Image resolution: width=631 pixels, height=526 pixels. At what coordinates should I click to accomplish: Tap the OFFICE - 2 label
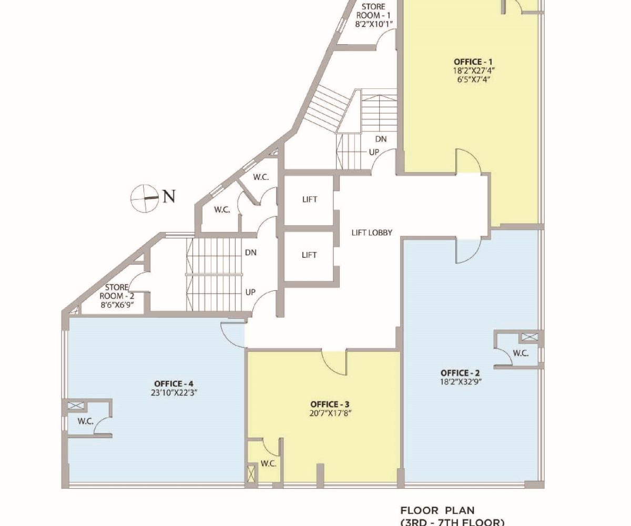[460, 373]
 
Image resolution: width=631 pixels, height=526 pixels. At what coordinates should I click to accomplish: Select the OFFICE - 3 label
[330, 404]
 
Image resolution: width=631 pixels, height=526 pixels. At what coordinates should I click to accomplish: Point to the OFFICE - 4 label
[174, 383]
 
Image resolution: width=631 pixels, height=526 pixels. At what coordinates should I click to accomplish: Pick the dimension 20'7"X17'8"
[330, 413]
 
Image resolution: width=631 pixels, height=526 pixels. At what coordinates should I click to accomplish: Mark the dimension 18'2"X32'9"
[461, 382]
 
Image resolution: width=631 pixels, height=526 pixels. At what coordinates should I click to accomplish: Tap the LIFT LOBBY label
[372, 232]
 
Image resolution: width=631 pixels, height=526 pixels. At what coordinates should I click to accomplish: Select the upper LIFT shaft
[309, 199]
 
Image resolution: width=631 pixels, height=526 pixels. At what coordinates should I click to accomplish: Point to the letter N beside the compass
[169, 197]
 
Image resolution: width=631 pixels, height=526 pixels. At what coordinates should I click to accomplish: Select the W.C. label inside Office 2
[521, 353]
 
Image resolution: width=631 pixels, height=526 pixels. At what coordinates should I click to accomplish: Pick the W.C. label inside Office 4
[86, 421]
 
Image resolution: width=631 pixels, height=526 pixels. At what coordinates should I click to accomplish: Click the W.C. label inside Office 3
[268, 463]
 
